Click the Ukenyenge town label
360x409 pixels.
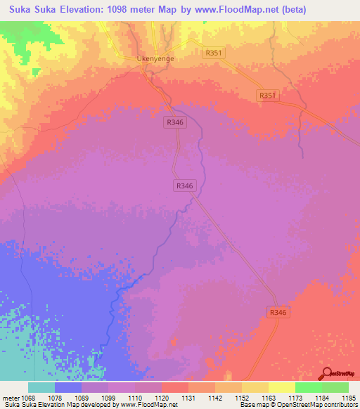tap(155, 59)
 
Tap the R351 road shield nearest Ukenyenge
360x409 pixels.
tap(212, 53)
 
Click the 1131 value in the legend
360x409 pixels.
tap(188, 397)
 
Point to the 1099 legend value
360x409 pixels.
tap(108, 397)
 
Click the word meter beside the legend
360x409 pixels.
tap(12, 397)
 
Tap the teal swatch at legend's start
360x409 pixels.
tap(41, 387)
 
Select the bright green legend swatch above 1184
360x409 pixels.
tap(308, 387)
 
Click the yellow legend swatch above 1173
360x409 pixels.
tap(281, 387)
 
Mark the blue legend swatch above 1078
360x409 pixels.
tap(68, 387)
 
